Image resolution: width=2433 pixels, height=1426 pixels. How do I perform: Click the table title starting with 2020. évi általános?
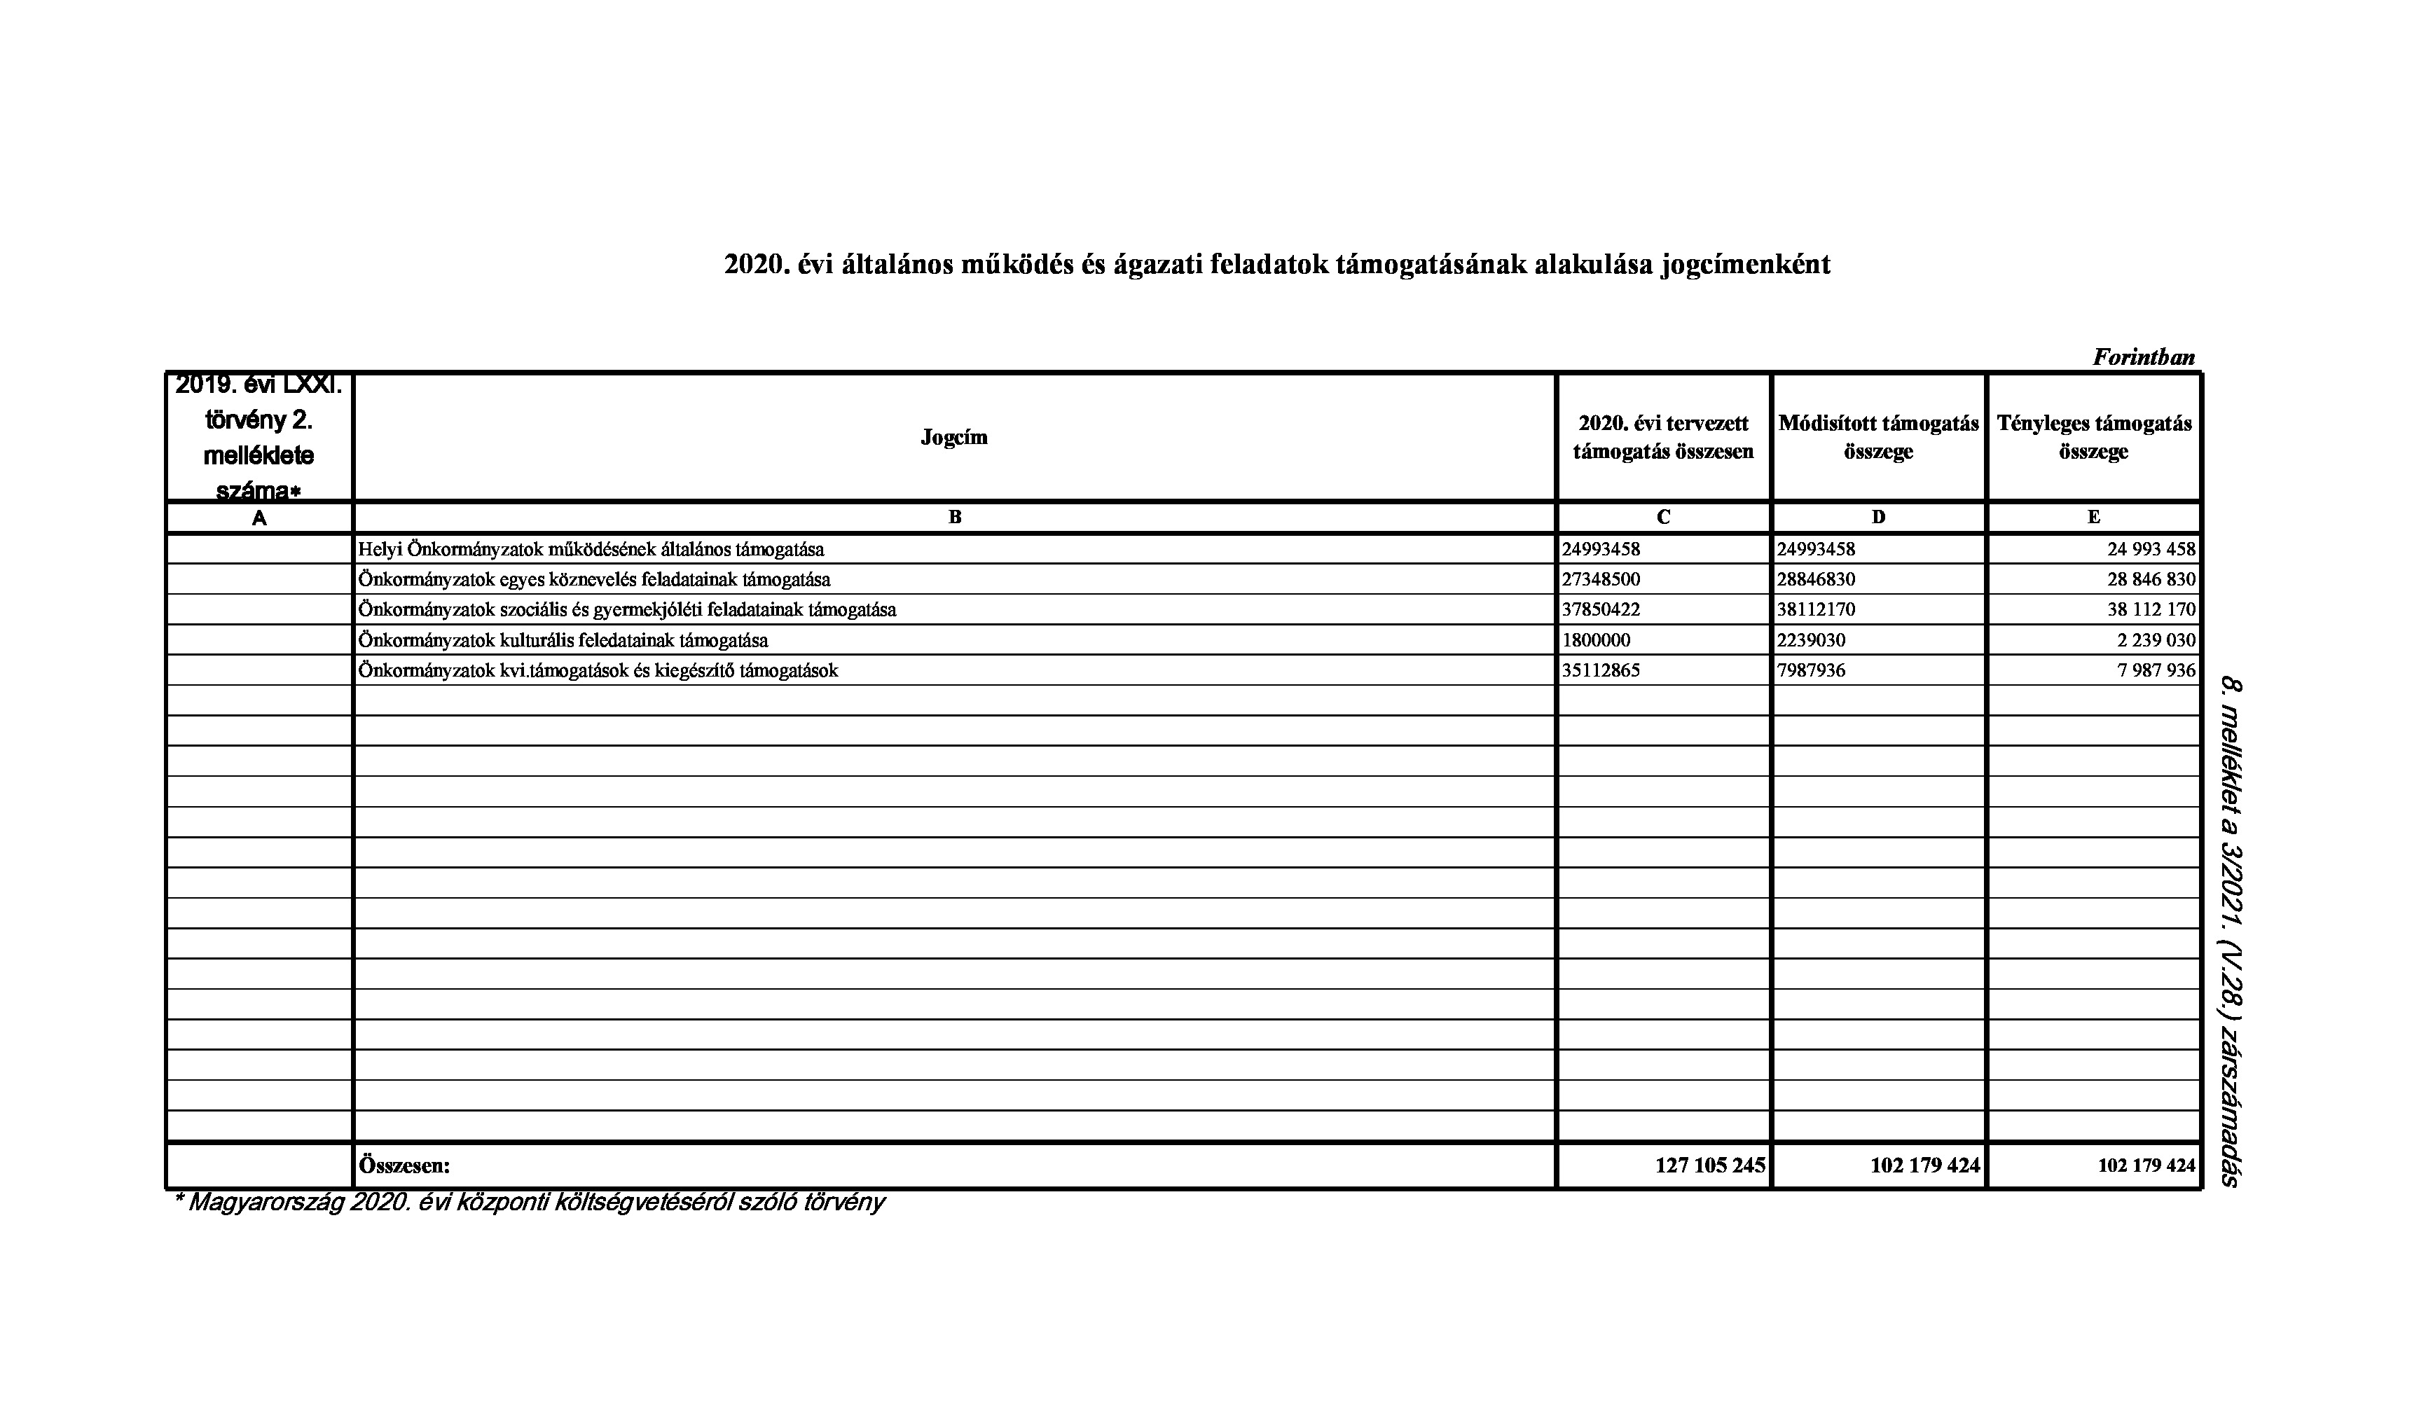[x=1276, y=265]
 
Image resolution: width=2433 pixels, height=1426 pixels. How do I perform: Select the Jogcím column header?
[x=954, y=437]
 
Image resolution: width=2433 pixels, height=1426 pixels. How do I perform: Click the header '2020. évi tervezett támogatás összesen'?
[x=1662, y=437]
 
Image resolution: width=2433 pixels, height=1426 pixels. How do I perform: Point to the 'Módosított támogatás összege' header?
[x=1878, y=437]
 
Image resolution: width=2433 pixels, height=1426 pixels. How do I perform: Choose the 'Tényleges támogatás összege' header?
[x=2093, y=437]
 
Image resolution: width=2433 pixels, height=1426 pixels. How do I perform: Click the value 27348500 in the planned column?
[x=1601, y=580]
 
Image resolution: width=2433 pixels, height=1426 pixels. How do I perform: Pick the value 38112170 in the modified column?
[x=1816, y=610]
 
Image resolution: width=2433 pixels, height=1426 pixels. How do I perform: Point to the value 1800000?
[x=1596, y=640]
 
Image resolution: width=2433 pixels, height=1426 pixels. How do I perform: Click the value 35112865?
[x=1601, y=671]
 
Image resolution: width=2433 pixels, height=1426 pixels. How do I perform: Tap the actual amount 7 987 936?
[x=2156, y=671]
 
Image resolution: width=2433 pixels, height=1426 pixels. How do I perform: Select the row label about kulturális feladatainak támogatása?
[x=563, y=640]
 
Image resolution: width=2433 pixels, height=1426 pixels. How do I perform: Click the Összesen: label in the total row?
[x=404, y=1165]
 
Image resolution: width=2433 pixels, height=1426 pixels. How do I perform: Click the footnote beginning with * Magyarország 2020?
[x=528, y=1203]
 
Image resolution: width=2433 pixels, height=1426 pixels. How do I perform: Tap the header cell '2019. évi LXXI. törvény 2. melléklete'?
[x=259, y=437]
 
